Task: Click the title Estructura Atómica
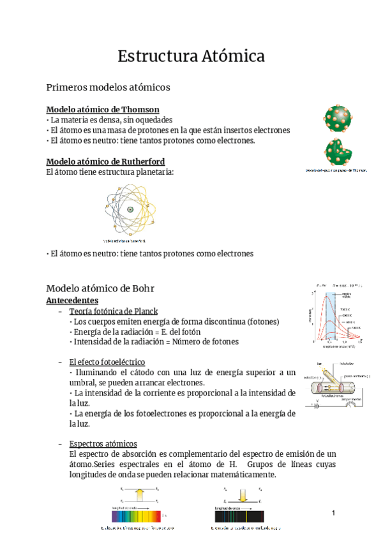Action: pyautogui.click(x=191, y=56)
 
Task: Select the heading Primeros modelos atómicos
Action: pyautogui.click(x=108, y=87)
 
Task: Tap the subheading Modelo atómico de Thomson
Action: pyautogui.click(x=103, y=109)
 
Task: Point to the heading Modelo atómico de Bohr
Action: pyautogui.click(x=100, y=288)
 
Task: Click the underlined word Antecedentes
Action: pyautogui.click(x=72, y=299)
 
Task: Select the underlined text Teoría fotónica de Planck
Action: pyautogui.click(x=113, y=311)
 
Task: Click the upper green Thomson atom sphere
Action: pyautogui.click(x=337, y=119)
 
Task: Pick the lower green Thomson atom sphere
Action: pyautogui.click(x=337, y=151)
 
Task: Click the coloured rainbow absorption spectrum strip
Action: pyautogui.click(x=138, y=515)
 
